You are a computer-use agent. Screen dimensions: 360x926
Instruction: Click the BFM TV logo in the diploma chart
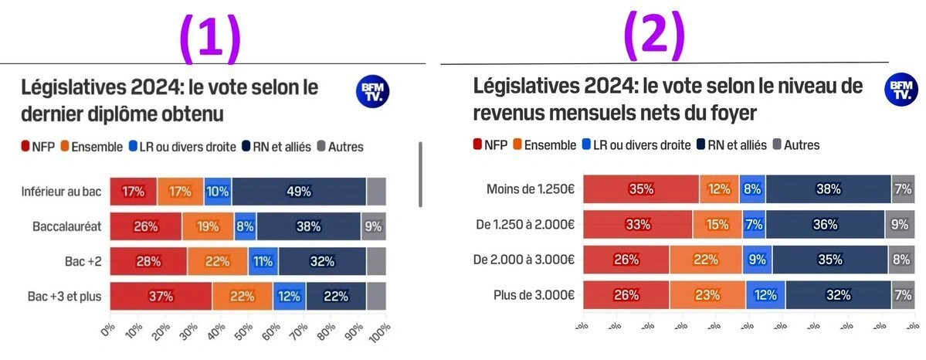(373, 92)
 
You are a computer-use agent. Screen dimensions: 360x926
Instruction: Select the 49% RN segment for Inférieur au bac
(298, 192)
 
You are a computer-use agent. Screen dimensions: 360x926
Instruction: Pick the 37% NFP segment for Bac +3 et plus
(161, 296)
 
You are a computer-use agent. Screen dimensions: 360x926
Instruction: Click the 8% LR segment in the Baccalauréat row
(246, 226)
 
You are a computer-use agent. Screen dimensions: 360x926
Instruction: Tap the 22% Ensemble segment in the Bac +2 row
(217, 261)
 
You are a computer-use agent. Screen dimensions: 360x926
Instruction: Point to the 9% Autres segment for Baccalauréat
(374, 226)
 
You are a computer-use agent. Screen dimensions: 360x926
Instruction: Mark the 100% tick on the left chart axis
(378, 332)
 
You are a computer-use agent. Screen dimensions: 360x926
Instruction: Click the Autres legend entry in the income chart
(795, 144)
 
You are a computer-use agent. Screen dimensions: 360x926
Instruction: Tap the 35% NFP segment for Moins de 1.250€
(641, 189)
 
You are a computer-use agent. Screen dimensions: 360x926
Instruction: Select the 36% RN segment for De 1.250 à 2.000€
(825, 225)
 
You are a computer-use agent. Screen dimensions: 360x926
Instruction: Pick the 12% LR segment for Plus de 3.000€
(765, 294)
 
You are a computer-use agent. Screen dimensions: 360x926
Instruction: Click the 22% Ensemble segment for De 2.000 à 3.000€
(705, 260)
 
